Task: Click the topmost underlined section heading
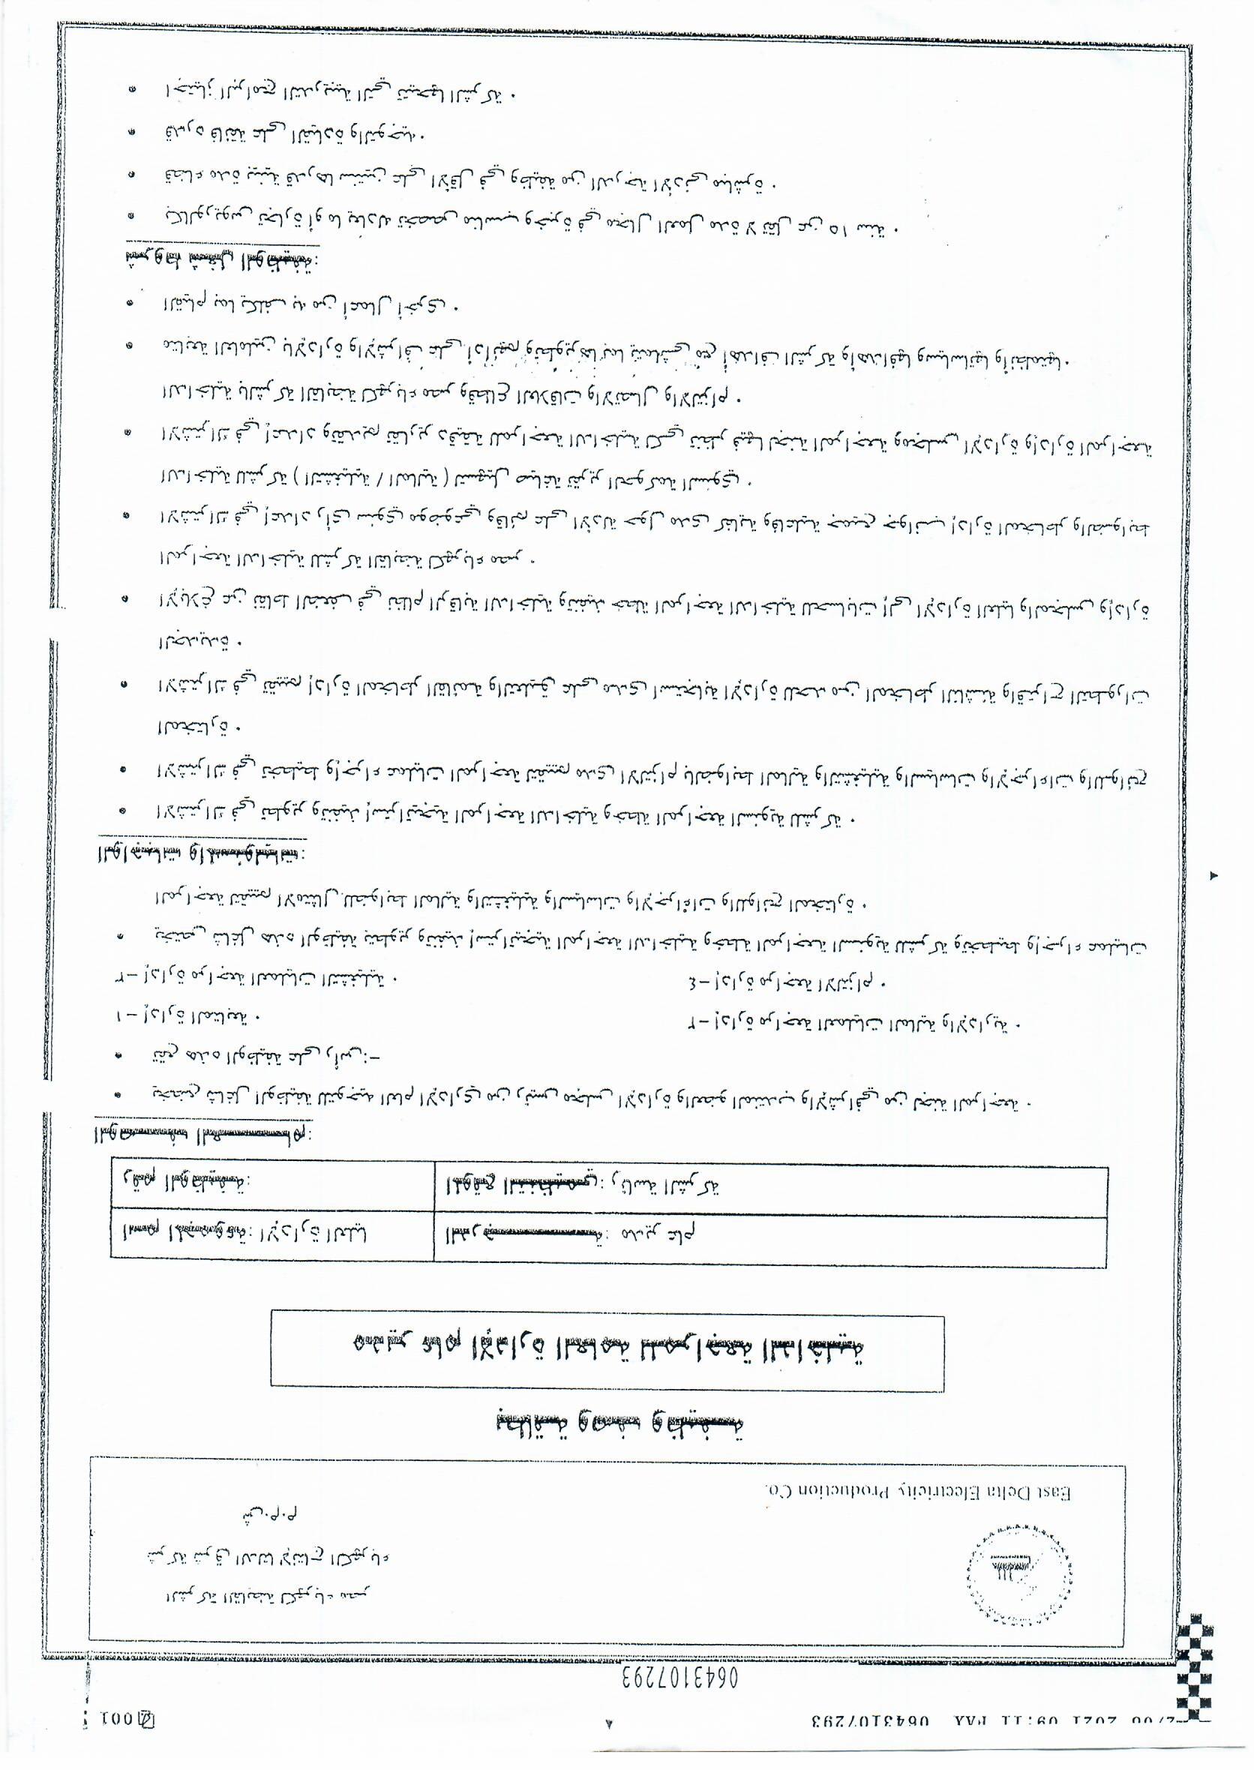(x=220, y=260)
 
